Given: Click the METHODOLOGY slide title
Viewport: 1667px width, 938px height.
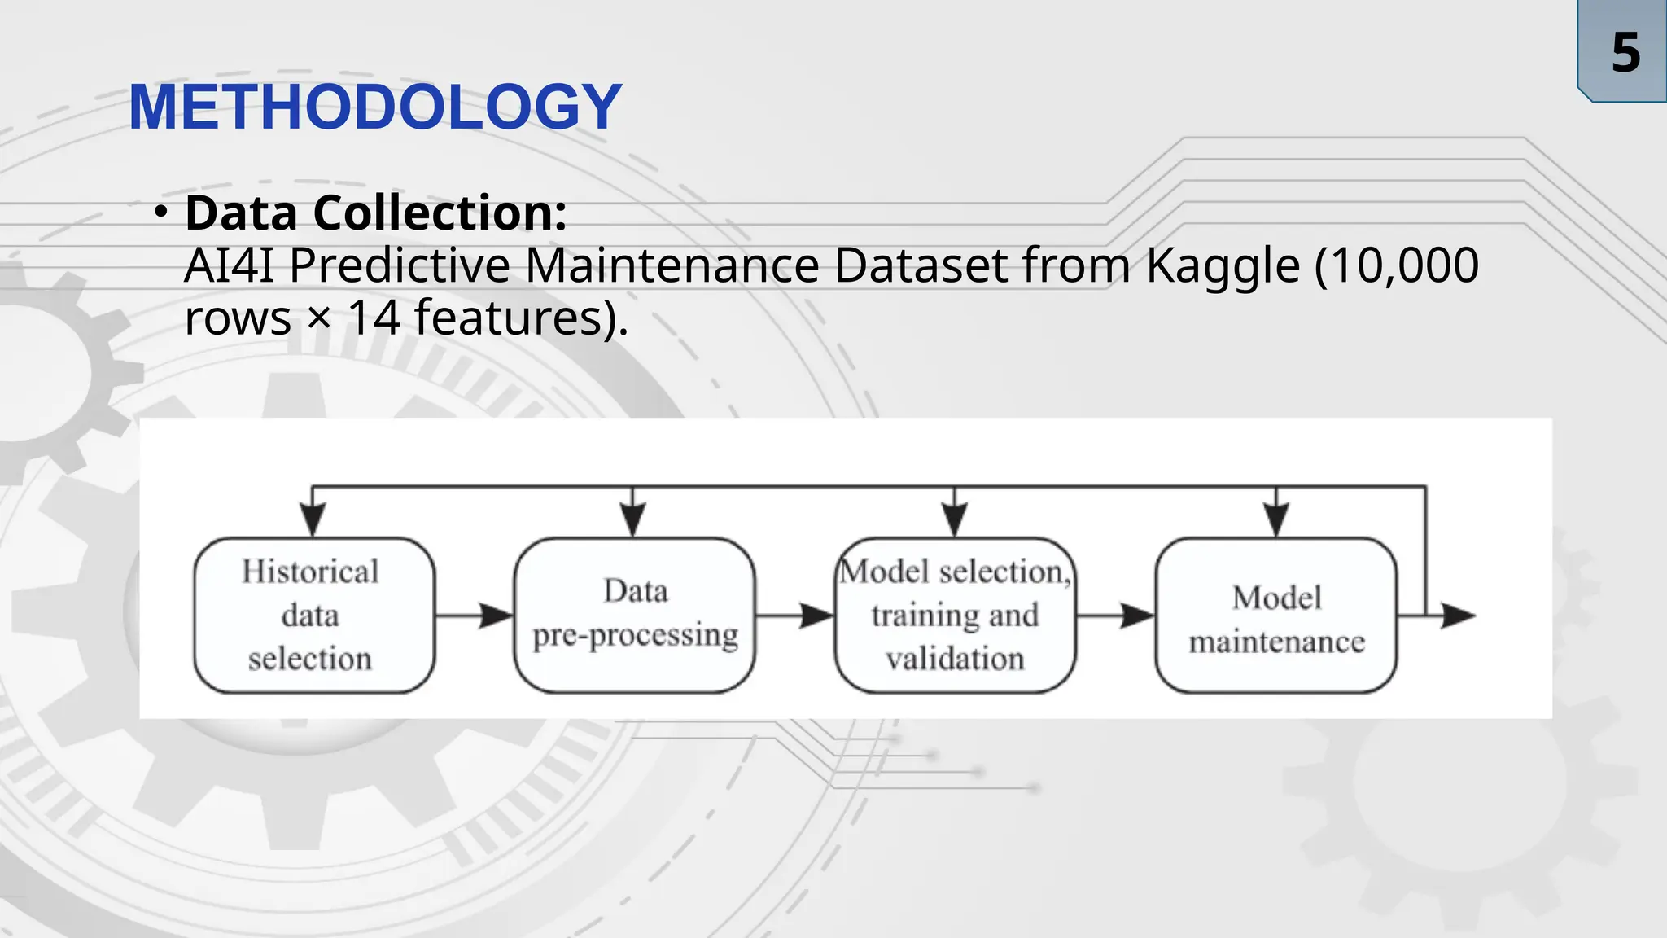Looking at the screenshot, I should click(375, 107).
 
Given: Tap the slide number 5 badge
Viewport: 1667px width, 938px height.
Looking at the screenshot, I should click(1625, 52).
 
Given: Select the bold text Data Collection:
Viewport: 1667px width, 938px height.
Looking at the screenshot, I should click(375, 213).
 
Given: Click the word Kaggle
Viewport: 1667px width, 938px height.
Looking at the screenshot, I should click(1223, 265).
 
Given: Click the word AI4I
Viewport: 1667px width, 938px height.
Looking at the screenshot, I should click(229, 265).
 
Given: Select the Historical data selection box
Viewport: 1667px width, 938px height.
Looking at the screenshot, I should click(314, 615).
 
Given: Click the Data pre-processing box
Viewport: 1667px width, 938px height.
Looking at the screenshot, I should click(635, 615).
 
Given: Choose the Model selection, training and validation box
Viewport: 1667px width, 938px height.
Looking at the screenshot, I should click(955, 615).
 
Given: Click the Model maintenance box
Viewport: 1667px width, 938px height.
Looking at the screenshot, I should click(1275, 615).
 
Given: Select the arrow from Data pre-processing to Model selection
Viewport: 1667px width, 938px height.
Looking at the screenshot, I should click(794, 616).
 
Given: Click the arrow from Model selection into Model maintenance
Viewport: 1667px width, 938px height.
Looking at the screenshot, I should click(1115, 616).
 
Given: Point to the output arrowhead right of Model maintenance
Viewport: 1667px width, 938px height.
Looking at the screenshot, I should click(1457, 616).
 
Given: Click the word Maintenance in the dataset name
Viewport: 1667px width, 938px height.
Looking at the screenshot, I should click(672, 265).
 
